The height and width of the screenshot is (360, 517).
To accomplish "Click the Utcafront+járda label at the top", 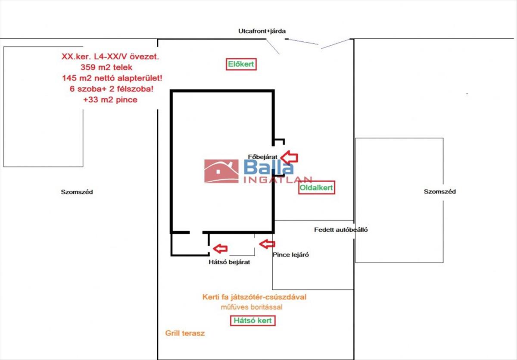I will pos(262,31).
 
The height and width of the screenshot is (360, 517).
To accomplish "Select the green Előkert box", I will pos(241,65).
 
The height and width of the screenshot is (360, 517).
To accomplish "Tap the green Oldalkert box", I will pos(317,188).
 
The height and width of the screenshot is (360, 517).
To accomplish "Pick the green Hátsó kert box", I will pos(253,321).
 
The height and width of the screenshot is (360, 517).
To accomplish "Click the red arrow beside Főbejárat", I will pos(290,158).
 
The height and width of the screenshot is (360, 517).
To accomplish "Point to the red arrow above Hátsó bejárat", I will pos(220,248).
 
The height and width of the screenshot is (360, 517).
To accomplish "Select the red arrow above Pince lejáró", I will pos(266,244).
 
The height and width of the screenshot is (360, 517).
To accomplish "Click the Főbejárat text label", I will pos(263,157).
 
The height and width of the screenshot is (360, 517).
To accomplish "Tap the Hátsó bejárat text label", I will pos(229,262).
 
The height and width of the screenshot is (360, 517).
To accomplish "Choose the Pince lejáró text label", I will pos(291,254).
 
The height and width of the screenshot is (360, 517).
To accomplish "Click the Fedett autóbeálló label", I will pos(341,230).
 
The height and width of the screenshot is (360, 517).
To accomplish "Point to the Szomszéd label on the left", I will pos(77,192).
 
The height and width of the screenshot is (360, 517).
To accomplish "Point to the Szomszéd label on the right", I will pos(440,192).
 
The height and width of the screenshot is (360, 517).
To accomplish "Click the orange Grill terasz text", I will pos(185,333).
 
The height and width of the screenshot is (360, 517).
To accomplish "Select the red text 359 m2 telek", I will pos(106,67).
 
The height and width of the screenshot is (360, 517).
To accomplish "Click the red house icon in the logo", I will pos(221,171).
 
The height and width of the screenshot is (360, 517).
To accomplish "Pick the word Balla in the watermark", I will pos(269,168).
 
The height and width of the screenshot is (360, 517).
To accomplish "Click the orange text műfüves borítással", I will pos(252,307).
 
